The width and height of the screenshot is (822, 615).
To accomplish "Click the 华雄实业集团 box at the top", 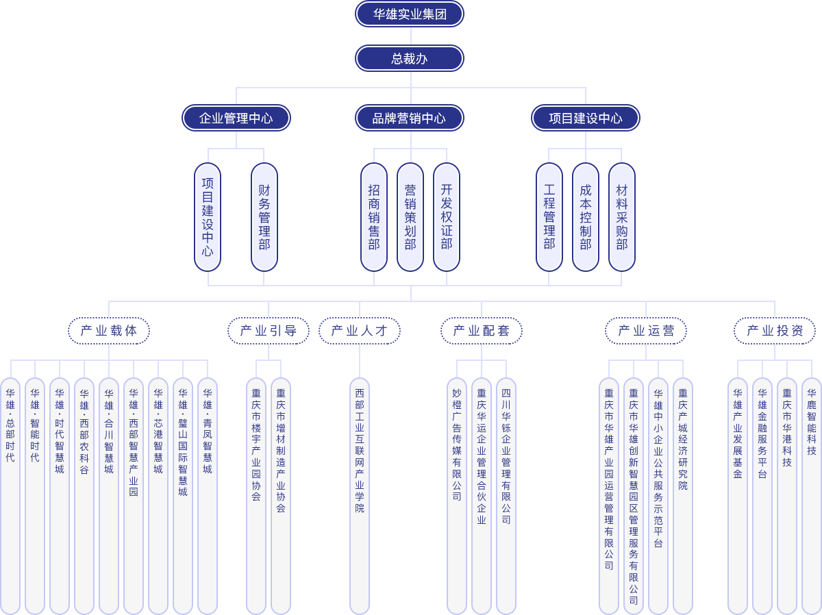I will coord(410,14).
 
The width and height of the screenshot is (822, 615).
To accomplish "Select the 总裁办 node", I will coord(410,58).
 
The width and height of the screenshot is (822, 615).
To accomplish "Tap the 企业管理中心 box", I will coord(236,118).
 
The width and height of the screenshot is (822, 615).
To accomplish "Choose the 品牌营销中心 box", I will coord(410,118).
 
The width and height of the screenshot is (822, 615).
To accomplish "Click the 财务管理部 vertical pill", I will coord(264,216).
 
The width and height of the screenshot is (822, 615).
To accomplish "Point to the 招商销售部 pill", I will coord(374,216).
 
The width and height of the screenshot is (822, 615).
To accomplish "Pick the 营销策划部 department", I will coord(410,216).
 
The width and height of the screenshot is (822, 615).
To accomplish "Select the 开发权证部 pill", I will coord(447,216).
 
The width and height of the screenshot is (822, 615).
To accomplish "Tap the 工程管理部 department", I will coord(549,216).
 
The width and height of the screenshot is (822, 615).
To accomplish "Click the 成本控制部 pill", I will coord(585,216).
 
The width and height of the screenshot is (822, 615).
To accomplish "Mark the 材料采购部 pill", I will coord(622,216).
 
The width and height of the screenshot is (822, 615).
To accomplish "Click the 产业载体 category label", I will coord(109,331).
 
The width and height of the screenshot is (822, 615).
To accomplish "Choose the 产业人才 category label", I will coord(359,331).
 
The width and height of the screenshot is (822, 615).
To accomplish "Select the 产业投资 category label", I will coord(775,331).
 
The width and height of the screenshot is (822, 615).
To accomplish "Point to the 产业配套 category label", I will coord(481,331).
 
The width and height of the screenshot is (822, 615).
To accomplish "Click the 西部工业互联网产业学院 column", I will coord(360,493).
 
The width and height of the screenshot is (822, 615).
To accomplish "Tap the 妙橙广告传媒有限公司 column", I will coord(457,493).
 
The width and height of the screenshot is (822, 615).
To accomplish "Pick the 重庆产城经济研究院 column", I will coord(683,493).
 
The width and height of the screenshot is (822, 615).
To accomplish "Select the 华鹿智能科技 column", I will coord(811,493).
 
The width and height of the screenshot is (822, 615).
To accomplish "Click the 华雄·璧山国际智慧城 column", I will coord(183,493).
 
